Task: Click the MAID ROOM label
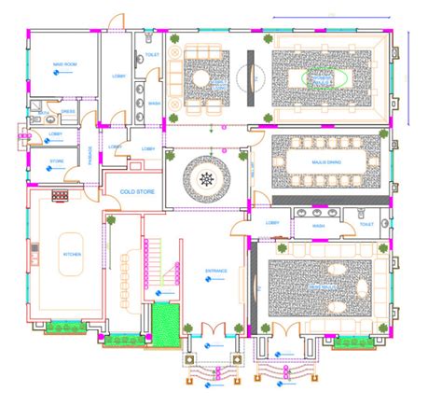point(62,63)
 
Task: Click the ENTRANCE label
point(216,272)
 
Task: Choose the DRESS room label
point(68,112)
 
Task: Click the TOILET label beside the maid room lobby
point(152,55)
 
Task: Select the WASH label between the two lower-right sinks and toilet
point(318,225)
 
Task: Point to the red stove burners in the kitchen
point(62,196)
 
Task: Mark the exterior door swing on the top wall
point(112,21)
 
